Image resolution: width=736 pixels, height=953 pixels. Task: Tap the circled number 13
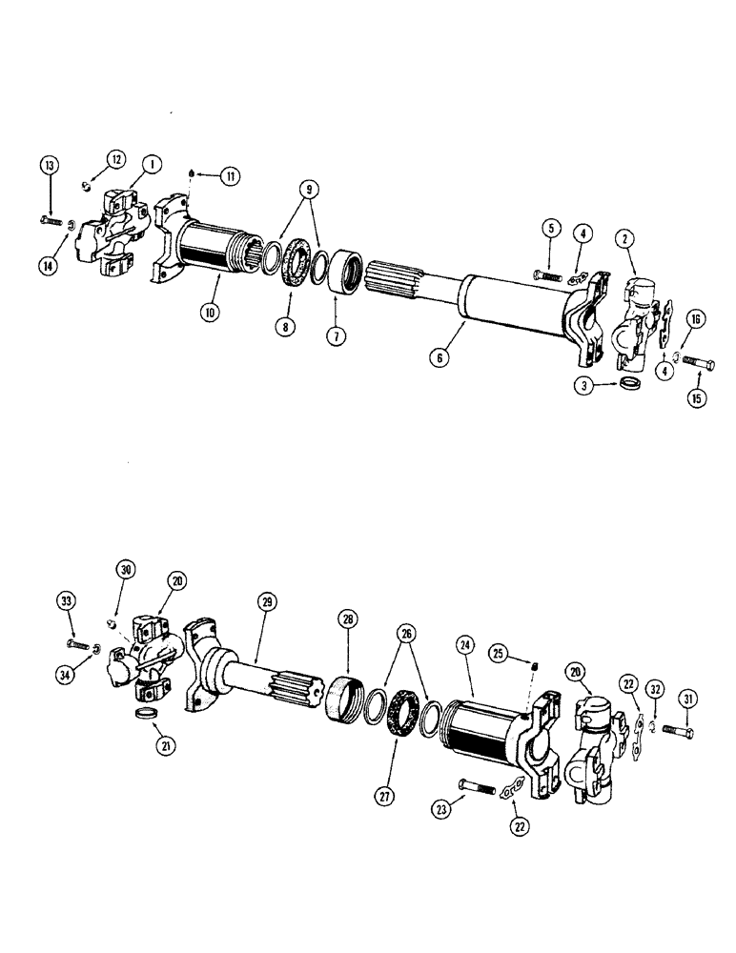point(49,167)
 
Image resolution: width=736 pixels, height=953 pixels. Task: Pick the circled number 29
point(266,601)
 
